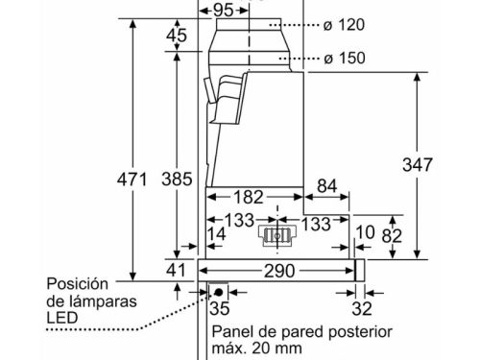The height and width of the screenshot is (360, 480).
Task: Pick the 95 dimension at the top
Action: pos(222,9)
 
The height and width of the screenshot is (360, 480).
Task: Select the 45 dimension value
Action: pos(176,36)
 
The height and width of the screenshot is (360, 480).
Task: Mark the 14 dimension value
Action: pos(216,235)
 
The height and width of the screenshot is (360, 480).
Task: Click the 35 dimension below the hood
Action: pos(220,309)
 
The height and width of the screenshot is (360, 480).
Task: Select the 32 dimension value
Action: pos(361,309)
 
